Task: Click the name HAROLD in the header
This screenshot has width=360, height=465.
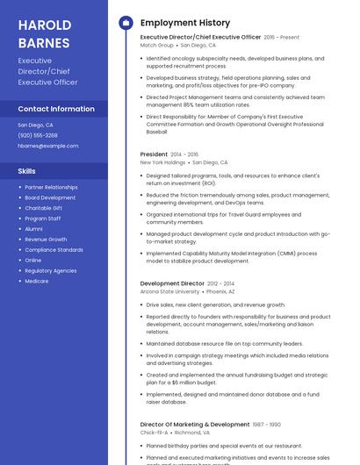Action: tap(45, 25)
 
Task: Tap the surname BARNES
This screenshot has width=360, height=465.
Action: tap(43, 42)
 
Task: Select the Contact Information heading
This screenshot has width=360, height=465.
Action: tap(56, 109)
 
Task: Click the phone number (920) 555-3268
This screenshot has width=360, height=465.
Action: tap(38, 135)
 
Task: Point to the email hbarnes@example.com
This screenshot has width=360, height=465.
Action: tap(48, 146)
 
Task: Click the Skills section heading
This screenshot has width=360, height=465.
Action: tap(27, 171)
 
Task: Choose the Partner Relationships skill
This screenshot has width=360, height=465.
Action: tap(51, 187)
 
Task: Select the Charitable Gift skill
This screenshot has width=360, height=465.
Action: tap(44, 208)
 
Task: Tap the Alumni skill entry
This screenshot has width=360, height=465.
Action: tap(33, 229)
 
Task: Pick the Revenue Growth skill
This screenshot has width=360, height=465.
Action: tap(46, 240)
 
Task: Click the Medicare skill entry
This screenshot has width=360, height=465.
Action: tap(37, 281)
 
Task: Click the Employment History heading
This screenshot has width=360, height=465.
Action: tap(185, 23)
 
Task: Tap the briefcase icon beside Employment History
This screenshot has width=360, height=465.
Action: tap(125, 23)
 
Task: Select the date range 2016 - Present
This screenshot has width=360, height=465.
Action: tap(281, 38)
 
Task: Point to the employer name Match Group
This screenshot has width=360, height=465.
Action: tap(157, 45)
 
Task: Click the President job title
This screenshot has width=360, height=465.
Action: tap(154, 154)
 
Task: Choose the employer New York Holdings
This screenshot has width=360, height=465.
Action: tap(162, 162)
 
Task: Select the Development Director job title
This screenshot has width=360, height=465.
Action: tap(172, 283)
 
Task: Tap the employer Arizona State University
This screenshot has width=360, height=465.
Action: tap(169, 291)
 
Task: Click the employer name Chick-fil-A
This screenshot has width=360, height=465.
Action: tap(154, 433)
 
